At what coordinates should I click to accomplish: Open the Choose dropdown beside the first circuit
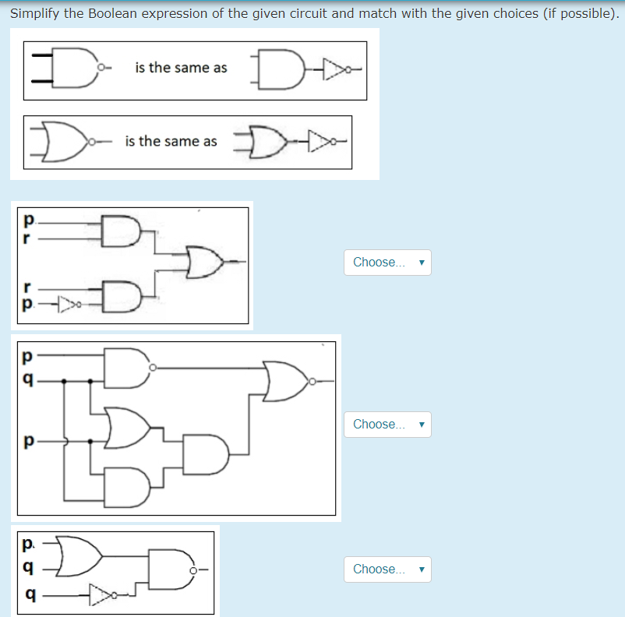coord(387,263)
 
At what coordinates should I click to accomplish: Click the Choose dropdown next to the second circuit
coord(387,425)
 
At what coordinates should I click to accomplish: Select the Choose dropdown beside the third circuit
coord(387,569)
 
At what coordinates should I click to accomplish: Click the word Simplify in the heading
coord(36,13)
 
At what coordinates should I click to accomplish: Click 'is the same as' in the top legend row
coord(181,68)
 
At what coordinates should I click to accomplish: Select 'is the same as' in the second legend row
coord(171,141)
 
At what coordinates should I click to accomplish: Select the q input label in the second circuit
coord(28,380)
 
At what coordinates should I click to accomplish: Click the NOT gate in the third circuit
coord(101,596)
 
